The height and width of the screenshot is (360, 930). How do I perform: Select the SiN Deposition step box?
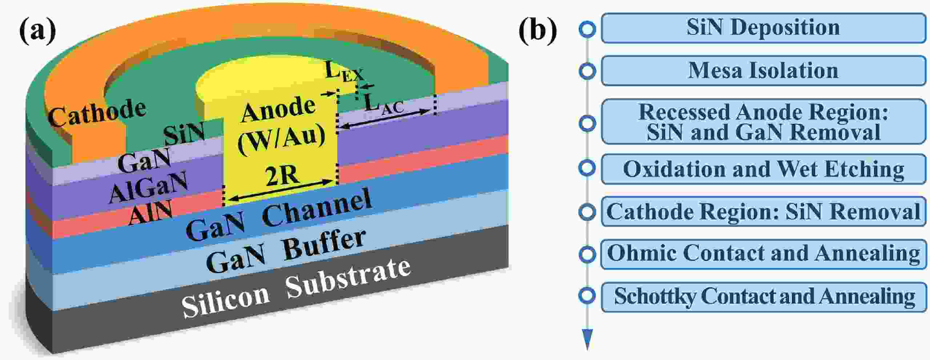763,28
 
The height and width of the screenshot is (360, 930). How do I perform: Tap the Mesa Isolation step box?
763,70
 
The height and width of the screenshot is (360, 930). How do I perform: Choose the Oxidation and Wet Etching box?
763,169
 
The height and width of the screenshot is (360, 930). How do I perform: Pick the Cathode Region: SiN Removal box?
763,212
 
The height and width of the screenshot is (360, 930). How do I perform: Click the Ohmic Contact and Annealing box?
763,254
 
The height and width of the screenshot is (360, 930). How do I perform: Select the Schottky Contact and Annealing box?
763,297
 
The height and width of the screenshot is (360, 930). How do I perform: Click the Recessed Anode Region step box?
763,122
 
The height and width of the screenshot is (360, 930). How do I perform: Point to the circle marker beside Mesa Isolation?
587,71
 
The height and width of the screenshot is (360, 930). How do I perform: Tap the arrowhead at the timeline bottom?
587,338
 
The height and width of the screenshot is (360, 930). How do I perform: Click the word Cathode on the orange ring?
97,113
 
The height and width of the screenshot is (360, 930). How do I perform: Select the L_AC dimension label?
384,104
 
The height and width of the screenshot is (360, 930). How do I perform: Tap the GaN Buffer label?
285,251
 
